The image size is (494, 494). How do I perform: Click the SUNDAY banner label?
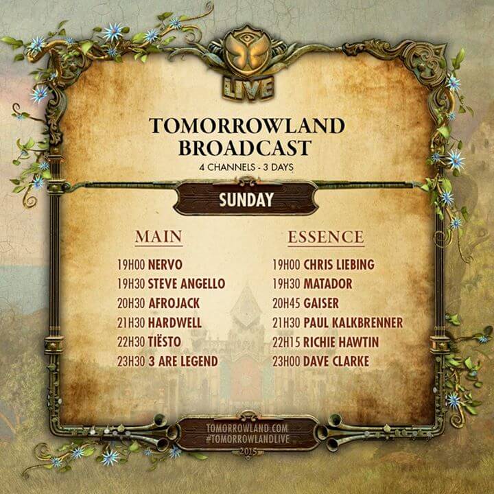pos(246,200)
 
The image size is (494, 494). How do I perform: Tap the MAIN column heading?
pos(158,237)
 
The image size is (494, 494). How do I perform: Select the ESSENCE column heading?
pos(326,237)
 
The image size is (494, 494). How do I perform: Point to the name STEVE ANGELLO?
pos(187,284)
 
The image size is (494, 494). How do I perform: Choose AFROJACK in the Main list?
pos(176,303)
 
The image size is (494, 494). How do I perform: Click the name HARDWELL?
pos(175,322)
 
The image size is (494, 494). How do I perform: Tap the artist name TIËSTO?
pos(168,342)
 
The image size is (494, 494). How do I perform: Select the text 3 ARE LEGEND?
pos(183,361)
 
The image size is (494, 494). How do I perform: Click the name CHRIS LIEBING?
pos(338,264)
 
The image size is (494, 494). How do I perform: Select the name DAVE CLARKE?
pos(336,361)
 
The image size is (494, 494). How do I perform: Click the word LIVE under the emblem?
pos(247,88)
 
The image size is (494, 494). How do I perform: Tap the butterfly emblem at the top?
pos(247,56)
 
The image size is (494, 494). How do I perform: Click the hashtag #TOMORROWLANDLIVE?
pos(247,437)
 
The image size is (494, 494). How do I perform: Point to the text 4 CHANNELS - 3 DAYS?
pos(247,167)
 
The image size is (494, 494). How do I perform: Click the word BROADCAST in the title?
pos(247,148)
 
